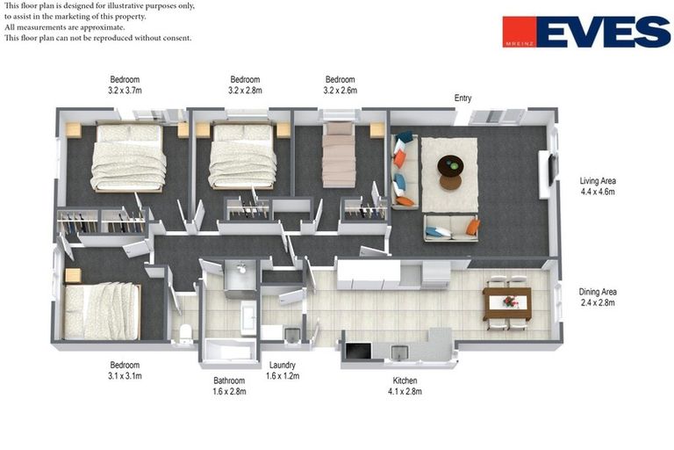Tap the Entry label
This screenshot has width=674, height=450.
coord(463,98)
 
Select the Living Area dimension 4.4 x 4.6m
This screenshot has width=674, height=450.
coord(598,192)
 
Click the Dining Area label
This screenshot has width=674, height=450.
coord(598,292)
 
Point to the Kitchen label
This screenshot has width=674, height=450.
coord(405,381)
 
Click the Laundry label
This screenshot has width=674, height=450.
coord(283,365)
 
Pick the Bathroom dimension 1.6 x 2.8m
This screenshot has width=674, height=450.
coord(229,392)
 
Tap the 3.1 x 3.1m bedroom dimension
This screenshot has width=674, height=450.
coord(125,376)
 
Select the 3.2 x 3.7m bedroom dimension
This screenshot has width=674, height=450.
coord(125,91)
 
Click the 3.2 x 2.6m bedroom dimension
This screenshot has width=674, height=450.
coord(340,91)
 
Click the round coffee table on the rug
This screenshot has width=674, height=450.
coord(450,165)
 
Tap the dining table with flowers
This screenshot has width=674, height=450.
coord(507,303)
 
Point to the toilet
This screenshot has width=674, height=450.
coord(186,333)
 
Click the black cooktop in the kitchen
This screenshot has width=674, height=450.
coord(358,351)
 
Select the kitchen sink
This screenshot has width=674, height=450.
coord(399,352)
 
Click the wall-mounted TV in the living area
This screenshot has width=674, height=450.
coord(552,170)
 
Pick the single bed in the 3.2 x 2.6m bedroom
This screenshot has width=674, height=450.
coord(339,155)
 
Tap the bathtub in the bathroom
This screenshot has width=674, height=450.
coord(229,350)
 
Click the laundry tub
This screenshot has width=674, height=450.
coord(292,336)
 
